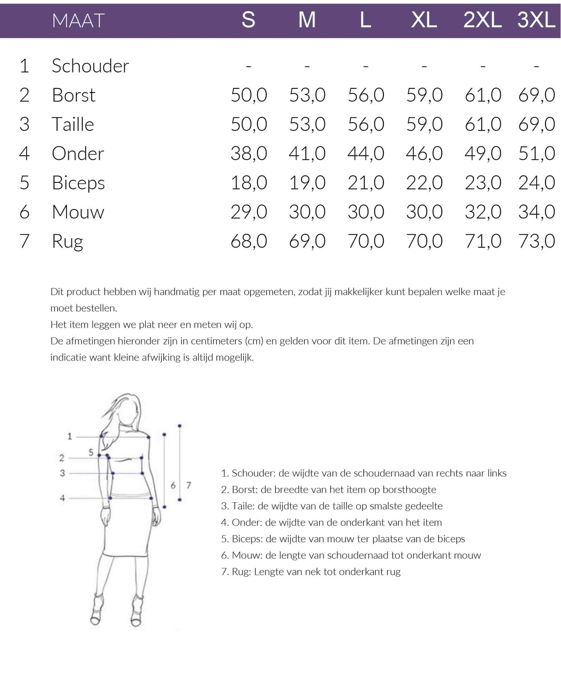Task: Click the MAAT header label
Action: tap(78, 21)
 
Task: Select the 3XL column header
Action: tap(536, 20)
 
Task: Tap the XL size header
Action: tap(424, 20)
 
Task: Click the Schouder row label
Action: tap(90, 66)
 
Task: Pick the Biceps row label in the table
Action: tap(79, 183)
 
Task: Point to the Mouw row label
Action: tap(78, 212)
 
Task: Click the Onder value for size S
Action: tap(249, 153)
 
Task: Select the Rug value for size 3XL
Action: tap(536, 241)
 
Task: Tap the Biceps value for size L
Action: tap(366, 183)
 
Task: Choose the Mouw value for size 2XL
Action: tap(482, 212)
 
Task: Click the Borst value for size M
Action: tap(307, 95)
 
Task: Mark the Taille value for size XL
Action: tap(424, 124)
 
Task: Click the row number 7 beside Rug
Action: tap(24, 241)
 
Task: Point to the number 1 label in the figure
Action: tap(70, 436)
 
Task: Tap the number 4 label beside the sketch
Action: tap(62, 498)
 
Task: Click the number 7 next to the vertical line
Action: tap(188, 485)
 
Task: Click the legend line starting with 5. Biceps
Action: tap(343, 539)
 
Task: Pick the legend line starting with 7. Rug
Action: tap(310, 572)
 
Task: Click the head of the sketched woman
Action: tap(129, 412)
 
